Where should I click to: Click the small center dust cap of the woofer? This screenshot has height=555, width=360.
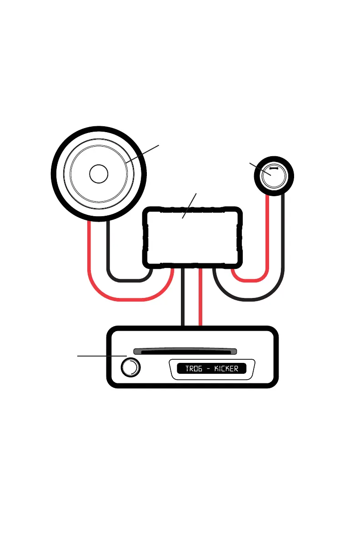(x=99, y=173)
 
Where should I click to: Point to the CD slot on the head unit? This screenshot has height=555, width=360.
(x=185, y=352)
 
